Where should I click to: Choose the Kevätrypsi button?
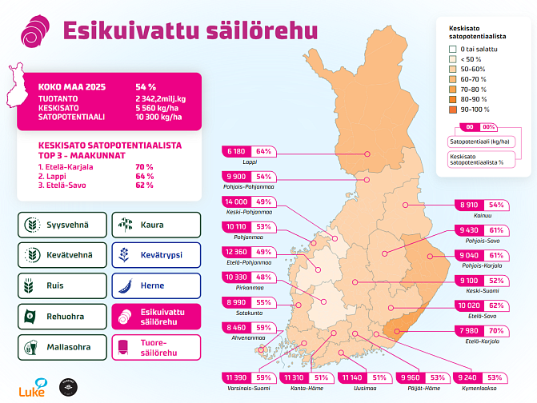pos(155,255)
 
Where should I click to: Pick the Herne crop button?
pos(155,285)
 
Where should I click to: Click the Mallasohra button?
pos(61,347)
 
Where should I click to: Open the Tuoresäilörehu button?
pos(155,347)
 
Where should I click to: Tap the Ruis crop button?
pos(61,285)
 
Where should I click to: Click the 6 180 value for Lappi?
pos(236,151)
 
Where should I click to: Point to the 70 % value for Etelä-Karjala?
pos(496,330)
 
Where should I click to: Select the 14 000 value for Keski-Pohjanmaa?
pos(236,201)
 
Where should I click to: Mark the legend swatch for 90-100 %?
pos(454,109)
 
